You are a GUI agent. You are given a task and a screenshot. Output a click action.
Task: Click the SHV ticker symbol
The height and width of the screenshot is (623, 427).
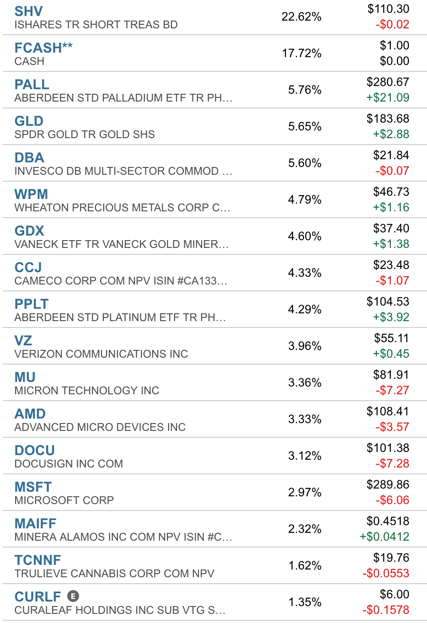point(29,11)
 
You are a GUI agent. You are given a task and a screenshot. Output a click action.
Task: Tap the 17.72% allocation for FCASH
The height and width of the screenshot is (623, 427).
point(302,53)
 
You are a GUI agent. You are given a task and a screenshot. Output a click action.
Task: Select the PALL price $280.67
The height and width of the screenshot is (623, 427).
point(388,82)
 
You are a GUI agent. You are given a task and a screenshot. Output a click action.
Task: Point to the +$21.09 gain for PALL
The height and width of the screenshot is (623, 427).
point(388,97)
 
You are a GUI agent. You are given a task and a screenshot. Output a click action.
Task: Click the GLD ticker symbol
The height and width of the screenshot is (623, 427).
point(29,121)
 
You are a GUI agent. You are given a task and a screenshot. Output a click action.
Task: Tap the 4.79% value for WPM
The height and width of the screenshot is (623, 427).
point(304,199)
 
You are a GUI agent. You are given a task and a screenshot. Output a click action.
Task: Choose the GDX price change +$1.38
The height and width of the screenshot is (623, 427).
point(391,244)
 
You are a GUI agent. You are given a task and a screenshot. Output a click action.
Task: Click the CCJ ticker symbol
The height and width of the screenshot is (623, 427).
point(28,267)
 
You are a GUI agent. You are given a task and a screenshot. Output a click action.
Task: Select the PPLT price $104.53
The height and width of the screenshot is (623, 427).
point(388,302)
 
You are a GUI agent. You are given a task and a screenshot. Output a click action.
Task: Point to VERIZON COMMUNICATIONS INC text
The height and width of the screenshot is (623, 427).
point(101,354)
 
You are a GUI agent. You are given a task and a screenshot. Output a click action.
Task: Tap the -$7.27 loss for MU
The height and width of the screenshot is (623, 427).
point(392,390)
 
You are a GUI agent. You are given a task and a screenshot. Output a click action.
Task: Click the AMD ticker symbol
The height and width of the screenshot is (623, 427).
point(30,414)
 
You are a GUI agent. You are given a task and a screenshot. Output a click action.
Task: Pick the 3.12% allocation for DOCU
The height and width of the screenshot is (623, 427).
point(304,456)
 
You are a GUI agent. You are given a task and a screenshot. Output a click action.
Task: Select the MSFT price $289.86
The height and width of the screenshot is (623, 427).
point(388,484)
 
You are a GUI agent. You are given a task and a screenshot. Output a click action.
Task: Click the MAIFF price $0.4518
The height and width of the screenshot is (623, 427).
point(388,521)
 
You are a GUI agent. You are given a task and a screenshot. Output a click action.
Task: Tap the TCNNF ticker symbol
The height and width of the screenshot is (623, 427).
point(37,560)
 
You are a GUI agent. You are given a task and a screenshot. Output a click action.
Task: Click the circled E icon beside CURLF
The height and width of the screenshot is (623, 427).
point(73,596)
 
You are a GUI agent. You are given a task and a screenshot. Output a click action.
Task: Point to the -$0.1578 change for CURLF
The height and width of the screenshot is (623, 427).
point(386,610)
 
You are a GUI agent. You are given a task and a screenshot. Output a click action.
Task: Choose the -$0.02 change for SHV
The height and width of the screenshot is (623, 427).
point(392,24)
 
